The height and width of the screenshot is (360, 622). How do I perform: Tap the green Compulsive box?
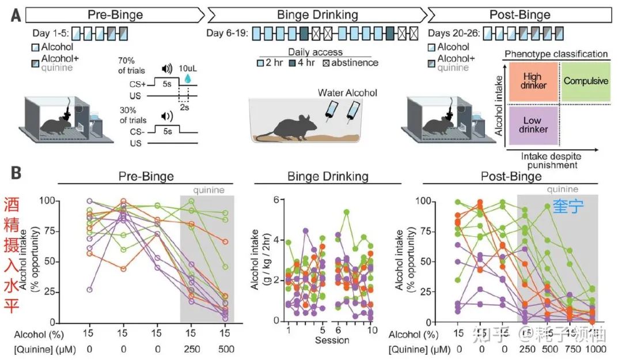coord(585,81)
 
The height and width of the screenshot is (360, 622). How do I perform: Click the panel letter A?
coord(17,14)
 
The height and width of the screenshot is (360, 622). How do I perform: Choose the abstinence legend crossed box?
coord(335,63)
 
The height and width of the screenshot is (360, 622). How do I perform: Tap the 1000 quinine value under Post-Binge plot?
coord(593,348)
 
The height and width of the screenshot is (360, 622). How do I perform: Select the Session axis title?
coord(332,340)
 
